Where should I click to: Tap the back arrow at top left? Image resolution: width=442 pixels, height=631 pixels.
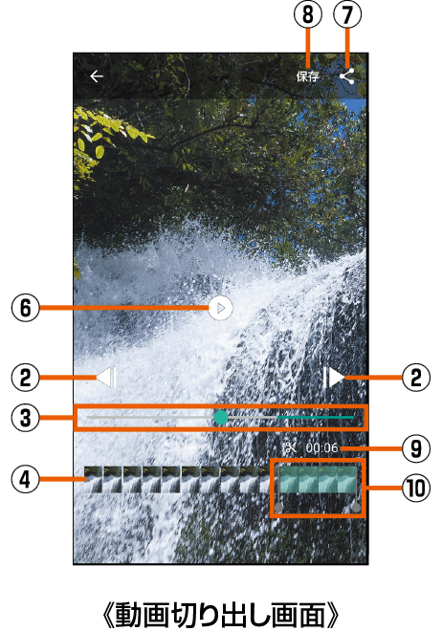click(x=97, y=76)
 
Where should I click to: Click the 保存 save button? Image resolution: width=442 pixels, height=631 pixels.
click(x=307, y=76)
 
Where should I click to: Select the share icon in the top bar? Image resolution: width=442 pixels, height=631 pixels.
click(x=347, y=76)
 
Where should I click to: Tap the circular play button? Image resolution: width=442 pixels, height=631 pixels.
click(x=221, y=308)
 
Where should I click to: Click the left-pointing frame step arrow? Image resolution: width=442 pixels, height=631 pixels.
click(x=107, y=377)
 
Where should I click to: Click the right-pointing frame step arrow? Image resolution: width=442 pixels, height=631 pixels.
click(x=334, y=377)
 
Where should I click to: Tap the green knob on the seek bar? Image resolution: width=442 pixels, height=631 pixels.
click(x=221, y=417)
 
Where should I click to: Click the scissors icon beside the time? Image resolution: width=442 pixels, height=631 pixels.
click(x=291, y=447)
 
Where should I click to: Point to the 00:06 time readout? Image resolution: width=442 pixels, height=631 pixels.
click(x=321, y=447)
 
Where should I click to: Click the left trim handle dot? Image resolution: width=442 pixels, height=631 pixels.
click(x=278, y=508)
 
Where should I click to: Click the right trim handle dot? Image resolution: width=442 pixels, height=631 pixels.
click(x=356, y=508)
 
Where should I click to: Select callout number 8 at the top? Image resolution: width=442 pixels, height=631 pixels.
click(x=307, y=14)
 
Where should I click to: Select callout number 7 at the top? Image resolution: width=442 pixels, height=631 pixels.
click(x=347, y=14)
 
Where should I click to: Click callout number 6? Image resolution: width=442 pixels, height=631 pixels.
click(x=26, y=308)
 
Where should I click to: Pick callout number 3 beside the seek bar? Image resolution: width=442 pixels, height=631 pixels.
click(x=26, y=418)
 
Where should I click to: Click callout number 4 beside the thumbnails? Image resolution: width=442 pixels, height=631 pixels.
click(x=26, y=479)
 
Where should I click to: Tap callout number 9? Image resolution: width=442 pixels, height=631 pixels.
click(x=416, y=447)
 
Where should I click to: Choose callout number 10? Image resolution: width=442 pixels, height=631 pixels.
click(x=416, y=489)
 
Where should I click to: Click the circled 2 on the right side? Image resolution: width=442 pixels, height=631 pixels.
click(x=416, y=378)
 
